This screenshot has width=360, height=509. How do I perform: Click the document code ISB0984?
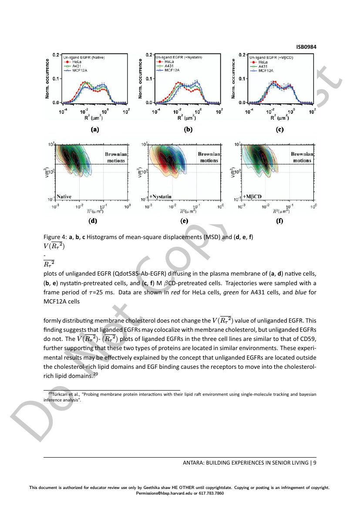(x=306, y=47)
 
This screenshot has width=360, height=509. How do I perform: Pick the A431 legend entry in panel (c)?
(x=263, y=66)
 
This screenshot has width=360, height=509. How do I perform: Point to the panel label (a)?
(x=94, y=129)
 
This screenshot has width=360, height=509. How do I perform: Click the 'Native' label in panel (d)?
(x=64, y=197)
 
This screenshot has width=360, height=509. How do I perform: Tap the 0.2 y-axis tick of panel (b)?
(x=148, y=55)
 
